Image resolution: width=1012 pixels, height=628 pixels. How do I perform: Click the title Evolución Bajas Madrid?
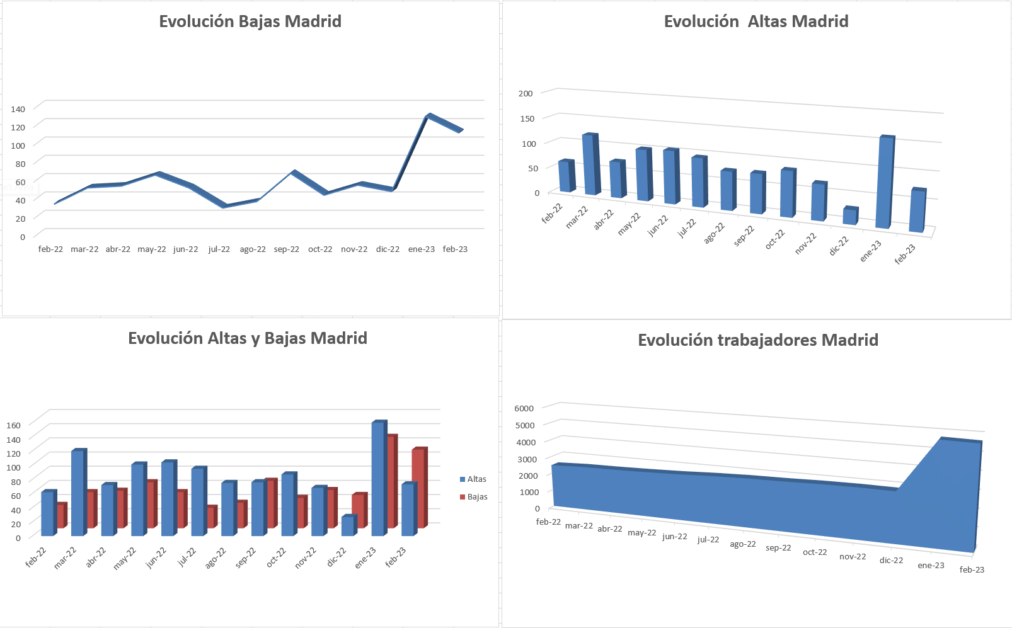(250, 21)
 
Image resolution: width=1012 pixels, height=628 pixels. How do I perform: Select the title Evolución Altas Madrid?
(756, 21)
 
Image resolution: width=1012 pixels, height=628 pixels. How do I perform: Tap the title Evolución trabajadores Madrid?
(758, 340)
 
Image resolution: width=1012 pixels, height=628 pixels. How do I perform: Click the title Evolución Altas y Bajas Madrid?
(248, 338)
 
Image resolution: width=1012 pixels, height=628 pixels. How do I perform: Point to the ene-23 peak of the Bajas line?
(428, 116)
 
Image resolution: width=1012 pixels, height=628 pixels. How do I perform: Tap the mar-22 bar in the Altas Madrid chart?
(589, 164)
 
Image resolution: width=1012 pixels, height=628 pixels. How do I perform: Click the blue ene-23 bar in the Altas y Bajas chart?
(377, 479)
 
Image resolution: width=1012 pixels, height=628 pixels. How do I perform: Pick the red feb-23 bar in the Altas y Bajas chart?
(418, 488)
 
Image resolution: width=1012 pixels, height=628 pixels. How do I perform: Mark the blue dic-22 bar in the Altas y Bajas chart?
(348, 526)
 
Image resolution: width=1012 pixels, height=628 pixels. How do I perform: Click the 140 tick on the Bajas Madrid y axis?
(18, 109)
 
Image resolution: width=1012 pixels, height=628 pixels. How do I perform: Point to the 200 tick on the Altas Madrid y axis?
(526, 93)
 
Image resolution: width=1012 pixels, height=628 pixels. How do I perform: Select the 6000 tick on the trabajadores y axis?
(524, 408)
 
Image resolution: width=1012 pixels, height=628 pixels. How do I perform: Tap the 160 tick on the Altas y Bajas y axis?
(13, 425)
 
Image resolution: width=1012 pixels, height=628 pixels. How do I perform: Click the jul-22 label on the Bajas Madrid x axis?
(219, 249)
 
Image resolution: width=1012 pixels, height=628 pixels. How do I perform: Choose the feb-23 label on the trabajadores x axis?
(971, 570)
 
